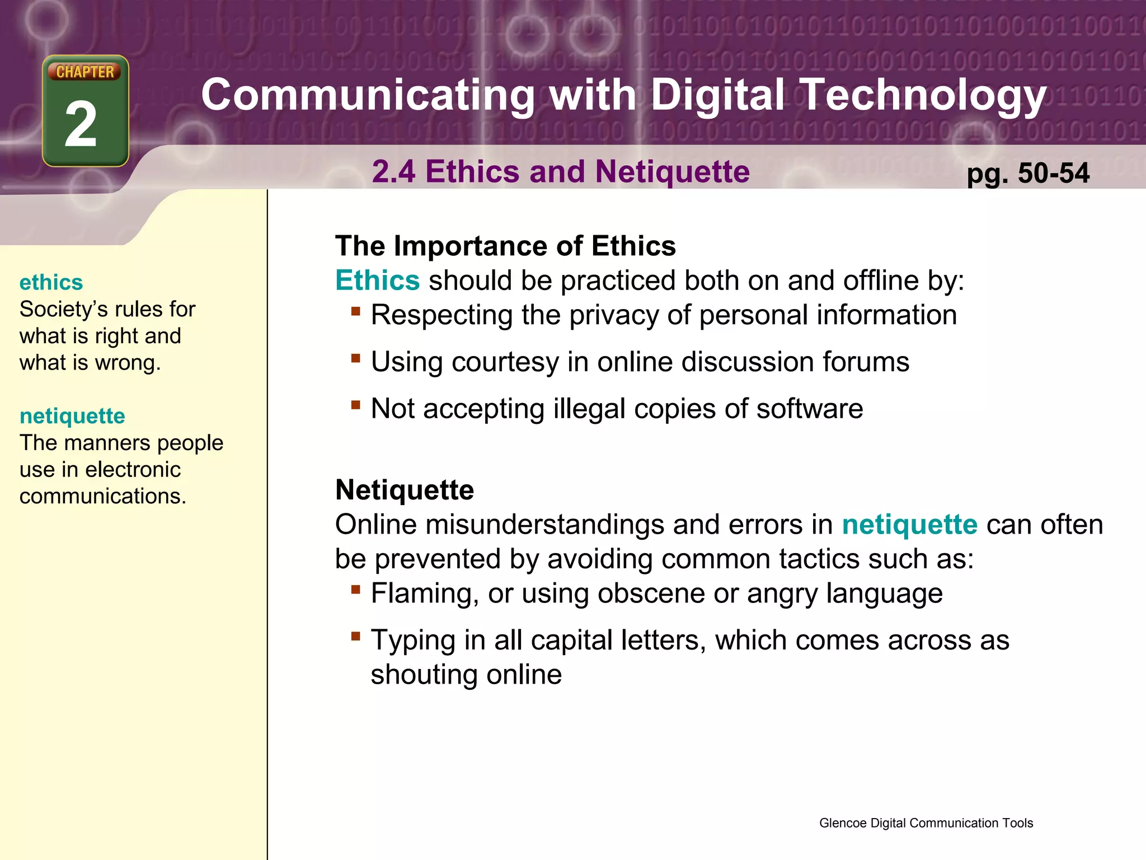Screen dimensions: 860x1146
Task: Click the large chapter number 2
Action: tap(81, 124)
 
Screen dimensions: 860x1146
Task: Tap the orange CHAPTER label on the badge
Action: tap(84, 72)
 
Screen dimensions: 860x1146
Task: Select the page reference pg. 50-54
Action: tap(1028, 173)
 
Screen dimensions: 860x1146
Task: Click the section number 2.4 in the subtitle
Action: tap(393, 171)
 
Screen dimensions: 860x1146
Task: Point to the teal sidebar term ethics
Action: tap(51, 282)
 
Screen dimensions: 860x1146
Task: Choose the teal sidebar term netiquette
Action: tap(72, 416)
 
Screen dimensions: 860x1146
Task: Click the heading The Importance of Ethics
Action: tap(505, 246)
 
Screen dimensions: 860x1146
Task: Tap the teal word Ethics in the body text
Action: tap(377, 280)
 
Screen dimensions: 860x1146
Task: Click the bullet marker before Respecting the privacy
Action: tap(355, 310)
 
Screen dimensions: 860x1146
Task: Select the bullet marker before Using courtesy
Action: tap(355, 357)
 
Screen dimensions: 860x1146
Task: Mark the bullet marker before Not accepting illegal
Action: tap(355, 404)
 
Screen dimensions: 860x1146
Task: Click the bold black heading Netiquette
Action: tap(405, 490)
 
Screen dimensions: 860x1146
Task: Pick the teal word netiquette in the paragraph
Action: tap(909, 525)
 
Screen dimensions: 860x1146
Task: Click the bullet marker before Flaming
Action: tap(355, 588)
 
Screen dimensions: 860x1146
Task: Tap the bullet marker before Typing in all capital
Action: tap(355, 635)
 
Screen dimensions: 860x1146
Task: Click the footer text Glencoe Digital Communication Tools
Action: tap(926, 823)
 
